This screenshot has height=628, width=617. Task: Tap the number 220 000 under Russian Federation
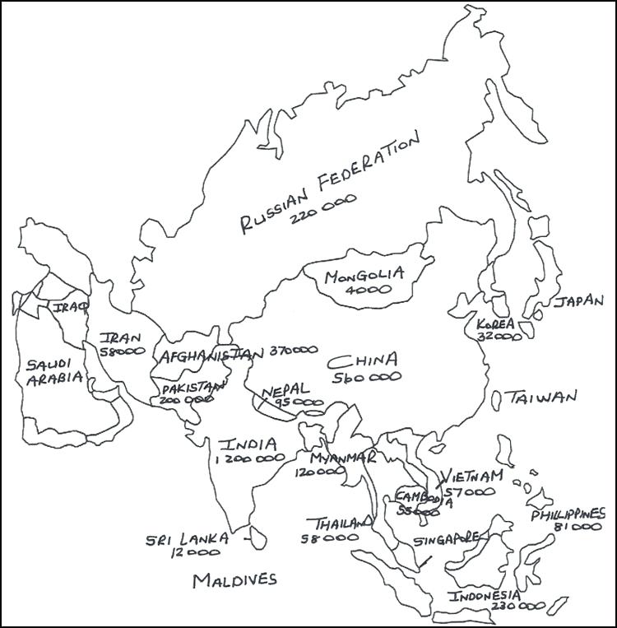click(316, 214)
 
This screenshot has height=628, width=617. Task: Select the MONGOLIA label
click(363, 276)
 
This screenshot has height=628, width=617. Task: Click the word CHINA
click(363, 361)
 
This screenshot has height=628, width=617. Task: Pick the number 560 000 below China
click(367, 376)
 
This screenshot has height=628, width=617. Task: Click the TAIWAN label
click(541, 397)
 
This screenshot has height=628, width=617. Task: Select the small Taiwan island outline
click(497, 399)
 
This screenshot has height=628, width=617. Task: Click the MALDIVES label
click(234, 580)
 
